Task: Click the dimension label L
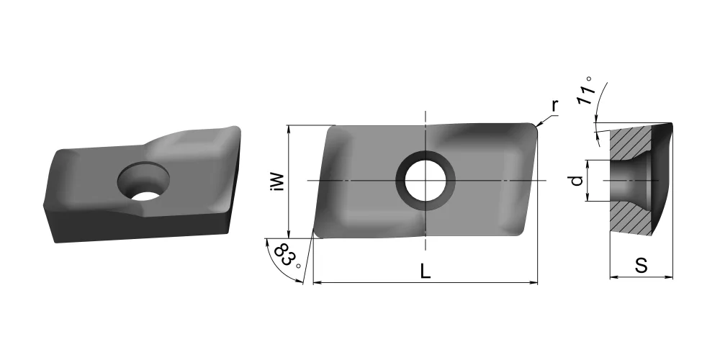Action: click(x=426, y=272)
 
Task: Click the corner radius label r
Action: click(x=554, y=106)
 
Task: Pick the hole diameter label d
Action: click(x=577, y=181)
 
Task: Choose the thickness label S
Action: click(x=641, y=266)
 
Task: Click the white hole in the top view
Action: click(x=426, y=181)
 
